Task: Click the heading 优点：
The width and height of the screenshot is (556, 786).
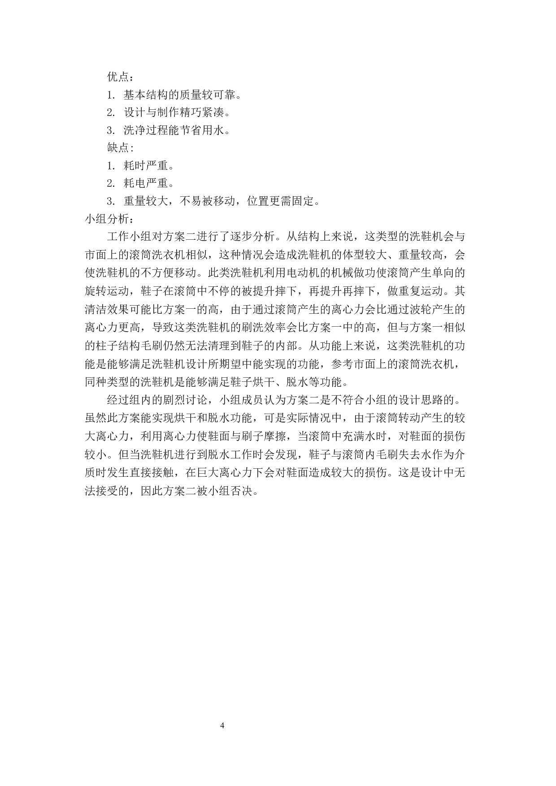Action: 121,77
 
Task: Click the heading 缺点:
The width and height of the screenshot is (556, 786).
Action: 120,147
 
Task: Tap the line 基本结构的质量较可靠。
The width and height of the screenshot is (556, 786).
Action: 184,95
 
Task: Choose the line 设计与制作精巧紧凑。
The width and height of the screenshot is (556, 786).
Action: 178,112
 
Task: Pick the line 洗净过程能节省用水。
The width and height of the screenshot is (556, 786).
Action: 178,130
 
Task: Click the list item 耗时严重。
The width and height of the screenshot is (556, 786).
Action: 151,165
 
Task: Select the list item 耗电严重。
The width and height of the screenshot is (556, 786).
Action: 151,183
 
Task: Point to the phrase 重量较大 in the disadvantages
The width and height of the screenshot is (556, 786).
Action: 146,201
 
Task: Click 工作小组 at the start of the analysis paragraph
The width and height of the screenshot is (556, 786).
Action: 129,237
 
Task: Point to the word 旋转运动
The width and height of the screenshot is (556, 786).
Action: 107,291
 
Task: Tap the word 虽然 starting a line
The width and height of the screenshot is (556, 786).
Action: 96,418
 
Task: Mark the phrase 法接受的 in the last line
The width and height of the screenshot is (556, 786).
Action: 107,491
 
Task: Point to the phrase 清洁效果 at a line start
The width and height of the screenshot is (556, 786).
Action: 107,309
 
